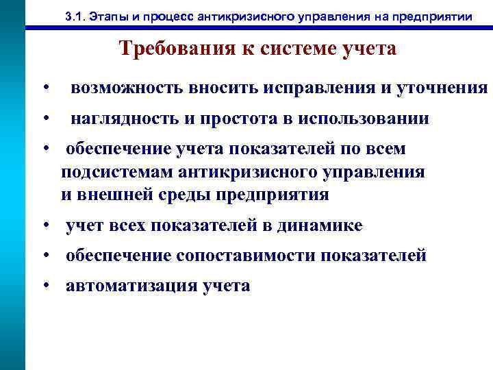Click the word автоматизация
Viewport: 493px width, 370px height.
(129, 286)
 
